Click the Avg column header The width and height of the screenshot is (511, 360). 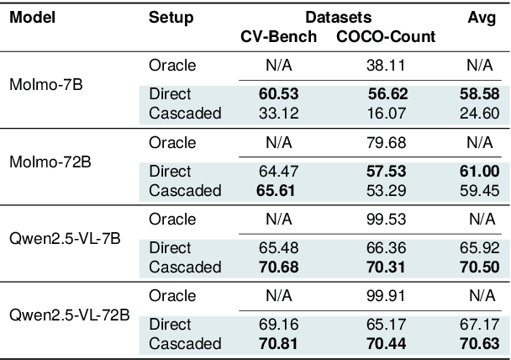482,17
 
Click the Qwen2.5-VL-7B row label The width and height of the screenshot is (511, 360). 63,238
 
